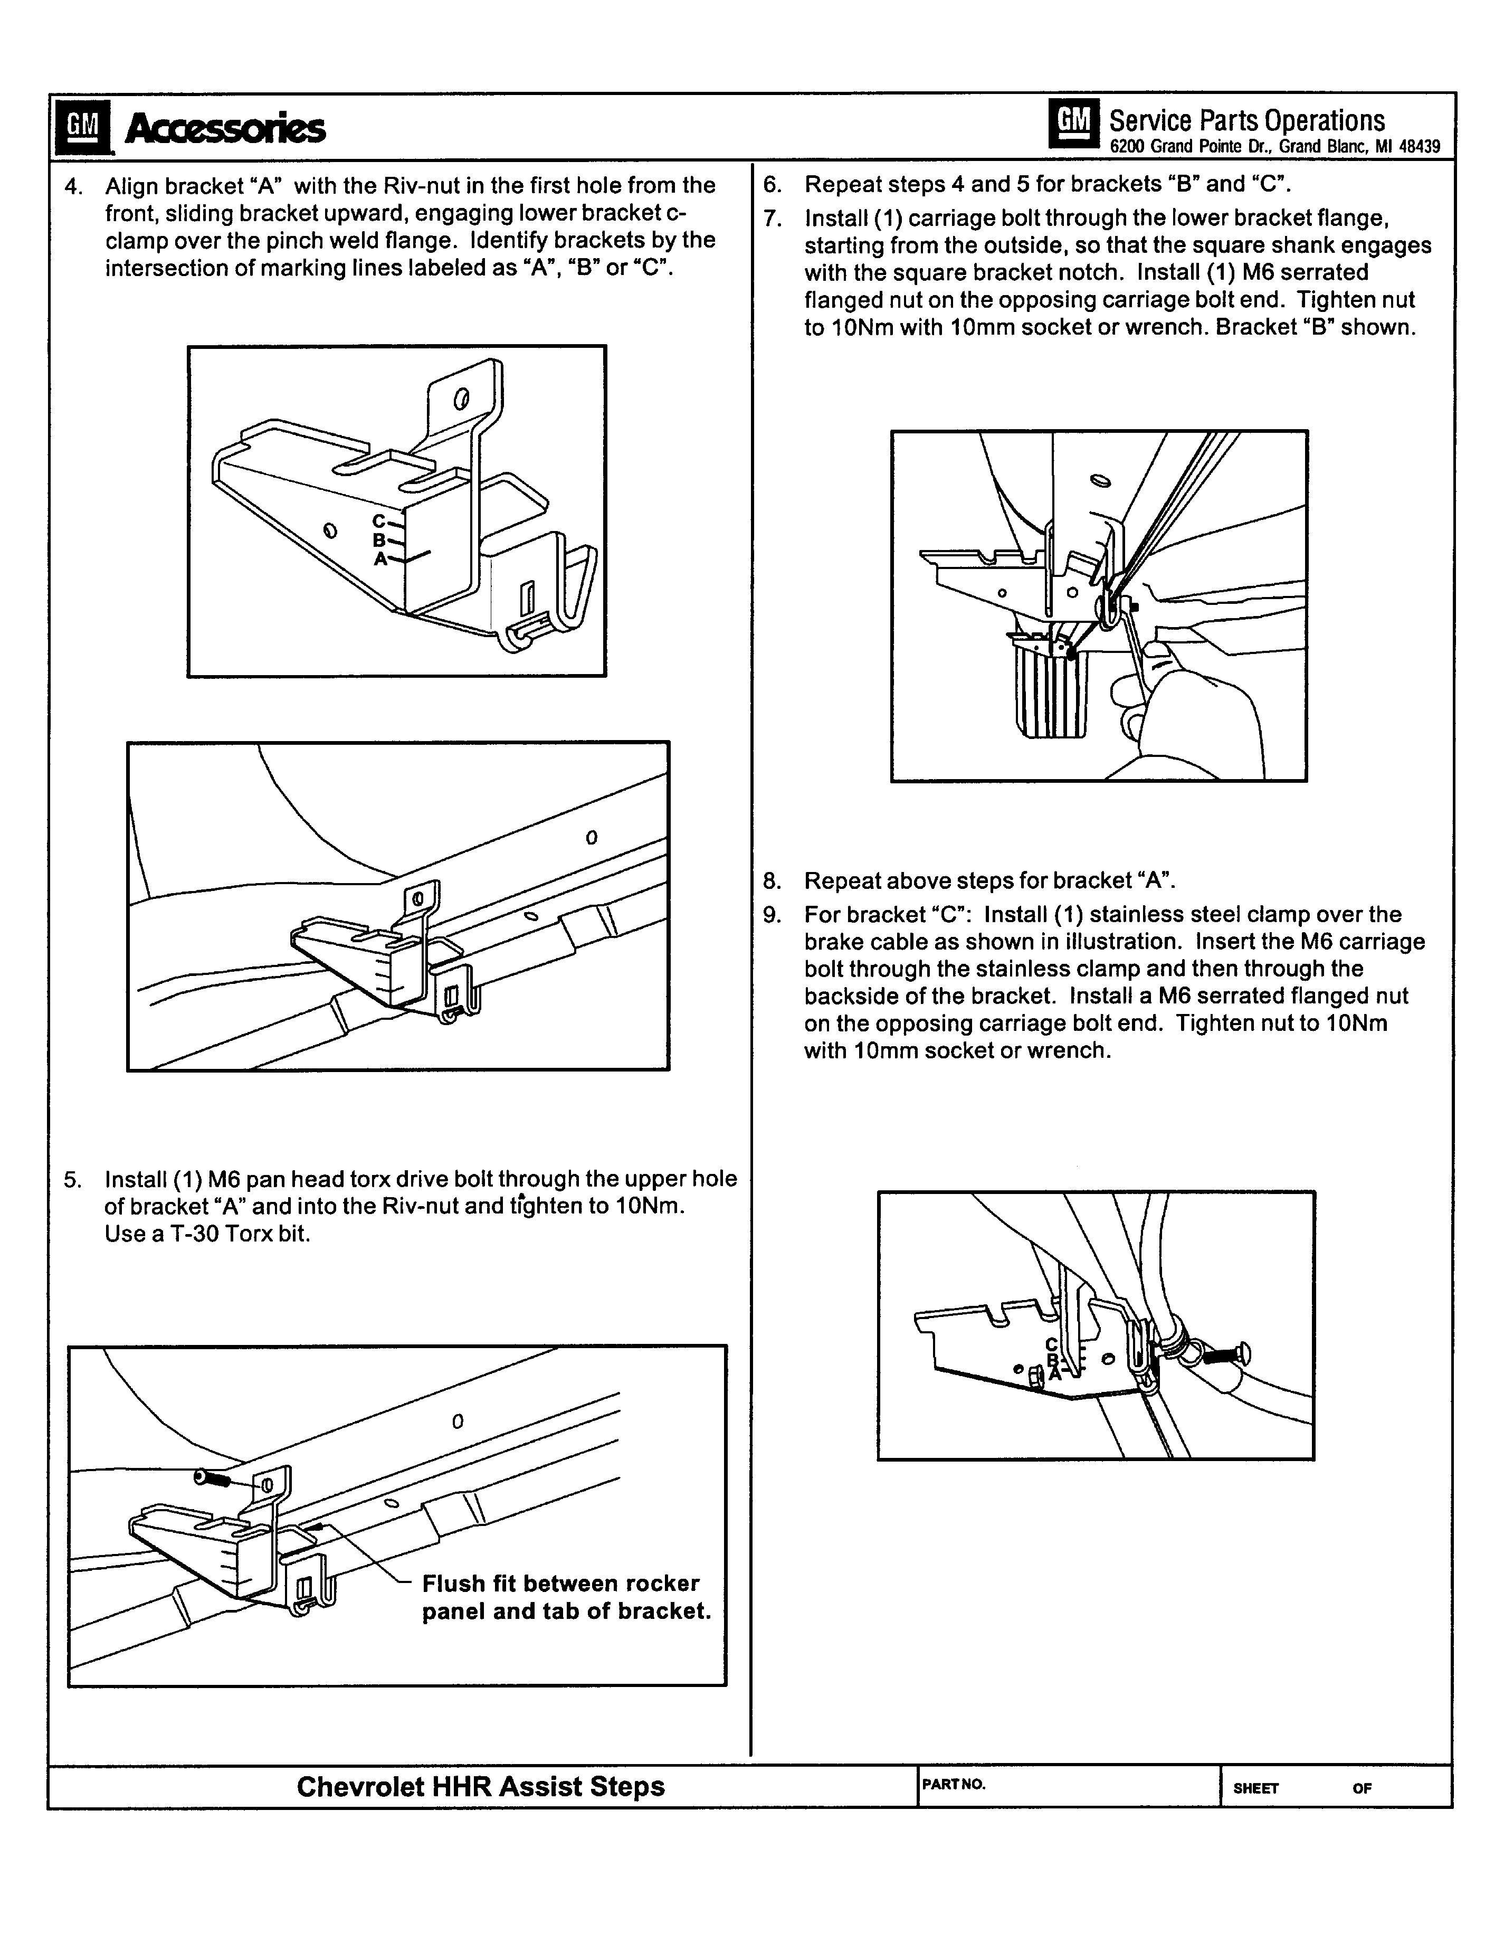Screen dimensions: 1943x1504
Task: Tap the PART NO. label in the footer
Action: point(954,1784)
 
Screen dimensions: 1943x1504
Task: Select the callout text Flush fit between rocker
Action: point(560,1584)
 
